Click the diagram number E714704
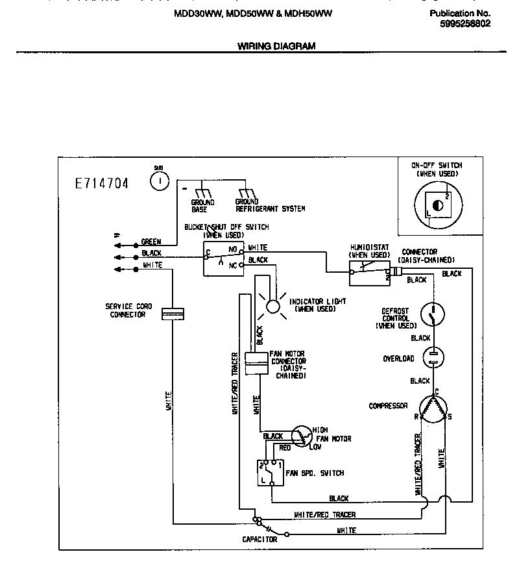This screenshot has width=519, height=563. pyautogui.click(x=102, y=184)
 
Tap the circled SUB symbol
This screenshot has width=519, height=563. pyautogui.click(x=159, y=181)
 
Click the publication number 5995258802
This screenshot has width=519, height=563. pyautogui.click(x=465, y=23)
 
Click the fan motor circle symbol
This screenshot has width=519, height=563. pyautogui.click(x=301, y=436)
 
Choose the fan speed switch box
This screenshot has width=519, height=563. pyautogui.click(x=269, y=473)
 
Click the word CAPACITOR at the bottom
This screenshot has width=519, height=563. pyautogui.click(x=259, y=540)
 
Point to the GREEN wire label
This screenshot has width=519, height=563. pyautogui.click(x=151, y=242)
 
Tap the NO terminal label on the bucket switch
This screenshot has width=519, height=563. pyautogui.click(x=233, y=248)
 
